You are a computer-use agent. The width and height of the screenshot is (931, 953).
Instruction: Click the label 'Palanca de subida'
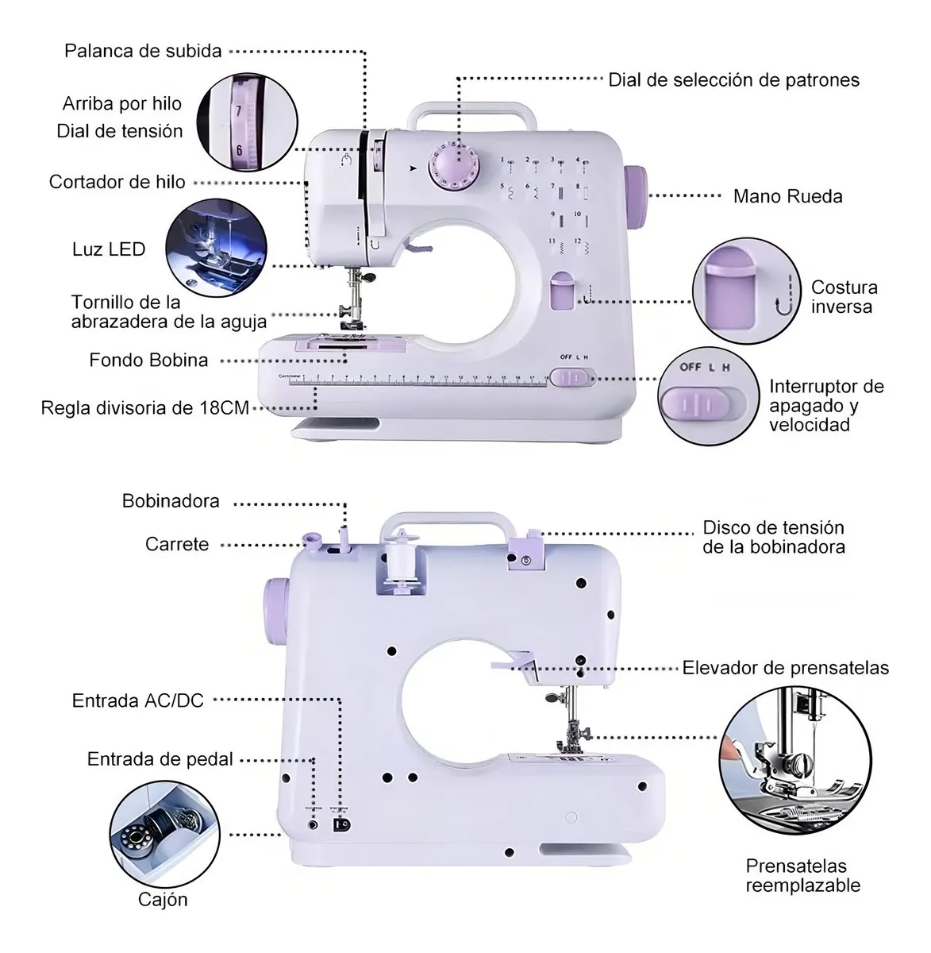[x=143, y=52]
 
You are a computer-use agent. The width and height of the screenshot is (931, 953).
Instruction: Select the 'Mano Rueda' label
[x=787, y=196]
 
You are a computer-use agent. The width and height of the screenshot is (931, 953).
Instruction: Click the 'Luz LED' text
[x=109, y=249]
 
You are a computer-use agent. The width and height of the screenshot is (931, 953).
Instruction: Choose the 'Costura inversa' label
[x=844, y=297]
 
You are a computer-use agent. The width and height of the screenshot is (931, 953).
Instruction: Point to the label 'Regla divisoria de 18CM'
[x=145, y=408]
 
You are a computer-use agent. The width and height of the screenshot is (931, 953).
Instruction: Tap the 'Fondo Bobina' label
[x=148, y=360]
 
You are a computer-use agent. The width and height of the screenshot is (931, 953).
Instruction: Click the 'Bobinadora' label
[x=171, y=501]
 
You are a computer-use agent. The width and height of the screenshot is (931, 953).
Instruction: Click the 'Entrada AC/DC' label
[x=138, y=700]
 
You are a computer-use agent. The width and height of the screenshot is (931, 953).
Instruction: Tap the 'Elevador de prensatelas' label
[x=785, y=668]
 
